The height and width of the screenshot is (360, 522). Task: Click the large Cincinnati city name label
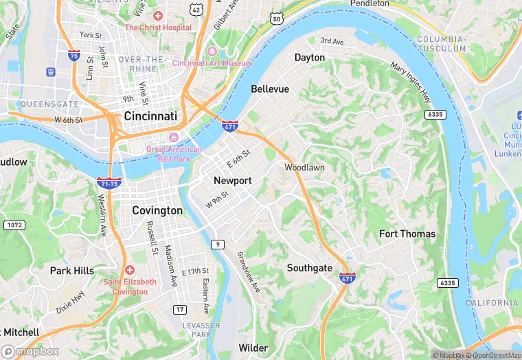pyautogui.click(x=150, y=117)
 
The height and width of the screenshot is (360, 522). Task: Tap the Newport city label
pyautogui.click(x=233, y=181)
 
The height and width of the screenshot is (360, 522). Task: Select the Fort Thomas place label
pyautogui.click(x=407, y=234)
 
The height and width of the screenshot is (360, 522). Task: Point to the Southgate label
pyautogui.click(x=310, y=268)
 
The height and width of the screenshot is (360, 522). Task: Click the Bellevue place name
pyautogui.click(x=270, y=89)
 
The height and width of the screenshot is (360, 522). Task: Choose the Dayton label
pyautogui.click(x=309, y=58)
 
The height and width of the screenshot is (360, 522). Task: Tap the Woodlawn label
pyautogui.click(x=305, y=168)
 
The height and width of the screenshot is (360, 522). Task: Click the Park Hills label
pyautogui.click(x=72, y=271)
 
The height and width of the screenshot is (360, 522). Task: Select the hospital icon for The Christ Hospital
pyautogui.click(x=158, y=15)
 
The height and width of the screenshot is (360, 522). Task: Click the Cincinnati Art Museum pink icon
pyautogui.click(x=212, y=52)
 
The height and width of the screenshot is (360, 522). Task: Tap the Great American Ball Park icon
pyautogui.click(x=172, y=137)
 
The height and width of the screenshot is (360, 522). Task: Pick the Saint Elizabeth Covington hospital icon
pyautogui.click(x=130, y=269)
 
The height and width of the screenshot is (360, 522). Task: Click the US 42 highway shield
pyautogui.click(x=196, y=9)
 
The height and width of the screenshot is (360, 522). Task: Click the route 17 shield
pyautogui.click(x=179, y=310)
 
